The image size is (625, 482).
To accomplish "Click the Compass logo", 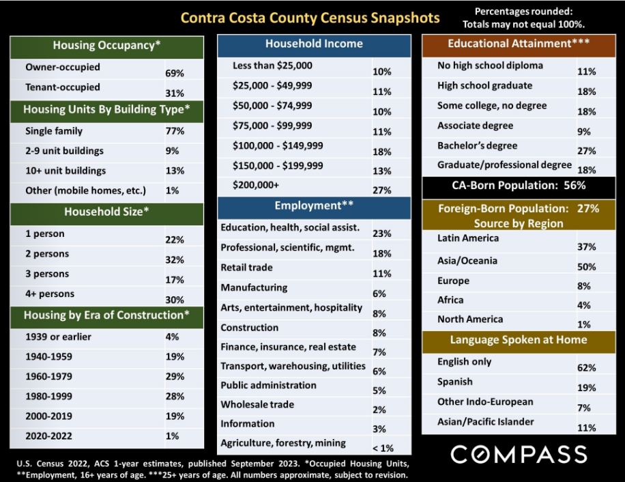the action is (519, 455).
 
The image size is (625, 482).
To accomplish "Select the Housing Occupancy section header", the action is (107, 46).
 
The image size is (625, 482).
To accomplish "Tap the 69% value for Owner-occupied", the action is (175, 73).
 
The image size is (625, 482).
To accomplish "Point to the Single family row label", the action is (54, 131).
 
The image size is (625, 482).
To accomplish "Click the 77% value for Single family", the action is (175, 131).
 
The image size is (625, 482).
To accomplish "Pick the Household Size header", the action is (107, 212).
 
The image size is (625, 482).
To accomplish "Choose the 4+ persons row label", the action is (50, 294).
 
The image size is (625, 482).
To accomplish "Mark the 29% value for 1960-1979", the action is (175, 376).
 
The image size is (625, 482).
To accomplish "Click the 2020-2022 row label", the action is (48, 436).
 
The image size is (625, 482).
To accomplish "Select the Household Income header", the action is (314, 44).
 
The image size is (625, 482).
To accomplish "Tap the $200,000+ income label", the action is (256, 185).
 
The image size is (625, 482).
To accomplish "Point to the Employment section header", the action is (314, 205).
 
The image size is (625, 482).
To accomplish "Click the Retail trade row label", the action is (247, 268).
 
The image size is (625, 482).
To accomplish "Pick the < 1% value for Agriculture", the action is (383, 448).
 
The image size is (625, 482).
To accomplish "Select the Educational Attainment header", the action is (519, 43).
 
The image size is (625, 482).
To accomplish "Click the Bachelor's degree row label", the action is (477, 145).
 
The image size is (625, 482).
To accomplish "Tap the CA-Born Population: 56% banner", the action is (519, 186).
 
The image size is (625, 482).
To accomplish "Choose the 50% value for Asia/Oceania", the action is (587, 267).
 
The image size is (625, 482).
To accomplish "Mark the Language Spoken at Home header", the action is (519, 340).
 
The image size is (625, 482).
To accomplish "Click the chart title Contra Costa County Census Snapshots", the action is (310, 18).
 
